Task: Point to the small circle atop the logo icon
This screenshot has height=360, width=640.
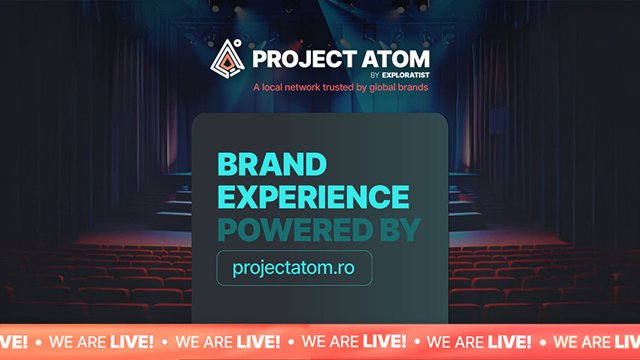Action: [x=238, y=44]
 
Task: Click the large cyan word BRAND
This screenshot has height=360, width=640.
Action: [x=272, y=165]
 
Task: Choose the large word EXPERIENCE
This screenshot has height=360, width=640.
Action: [x=313, y=197]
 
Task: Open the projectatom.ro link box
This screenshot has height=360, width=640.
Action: [x=294, y=268]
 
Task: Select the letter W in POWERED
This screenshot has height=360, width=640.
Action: [x=288, y=230]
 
